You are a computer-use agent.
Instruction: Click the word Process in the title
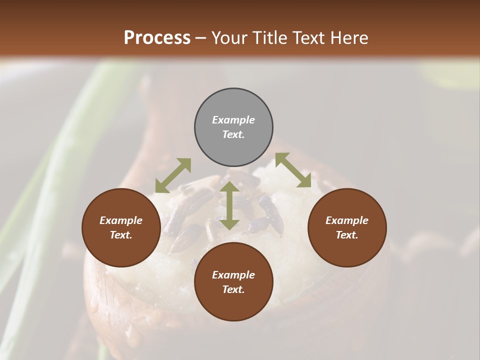pos(157,38)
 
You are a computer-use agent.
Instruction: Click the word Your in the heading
pos(229,38)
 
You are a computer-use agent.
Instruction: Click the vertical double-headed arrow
pos(229,205)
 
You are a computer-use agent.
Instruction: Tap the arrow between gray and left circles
pos(173,175)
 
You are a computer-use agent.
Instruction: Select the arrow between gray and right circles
pos(293,170)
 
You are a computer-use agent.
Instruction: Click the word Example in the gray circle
pos(233,120)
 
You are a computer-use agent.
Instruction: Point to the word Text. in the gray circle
pos(233,134)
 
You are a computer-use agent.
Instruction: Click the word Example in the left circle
pos(121,220)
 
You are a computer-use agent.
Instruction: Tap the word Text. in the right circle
pos(347,235)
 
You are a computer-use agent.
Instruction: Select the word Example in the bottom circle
pos(233,275)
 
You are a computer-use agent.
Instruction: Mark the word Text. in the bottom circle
pos(233,289)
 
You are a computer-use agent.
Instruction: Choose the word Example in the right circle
pos(347,220)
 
